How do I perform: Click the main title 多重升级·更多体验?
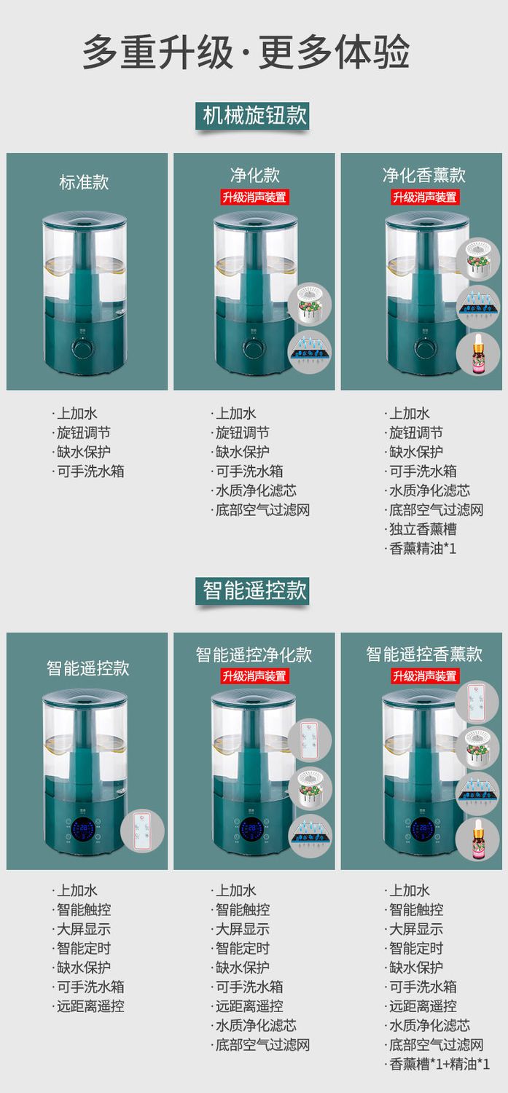pyautogui.click(x=246, y=52)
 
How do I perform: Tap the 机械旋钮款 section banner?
pyautogui.click(x=252, y=116)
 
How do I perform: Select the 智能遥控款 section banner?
pyautogui.click(x=252, y=591)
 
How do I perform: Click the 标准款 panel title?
pyautogui.click(x=84, y=182)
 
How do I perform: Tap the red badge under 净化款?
pyautogui.click(x=254, y=197)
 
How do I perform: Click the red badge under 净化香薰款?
pyautogui.click(x=424, y=197)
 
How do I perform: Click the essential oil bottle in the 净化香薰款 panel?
pyautogui.click(x=477, y=353)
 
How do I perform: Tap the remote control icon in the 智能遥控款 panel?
pyautogui.click(x=142, y=831)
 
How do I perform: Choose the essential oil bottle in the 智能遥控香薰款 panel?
pyautogui.click(x=477, y=839)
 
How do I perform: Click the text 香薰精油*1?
pyautogui.click(x=422, y=549)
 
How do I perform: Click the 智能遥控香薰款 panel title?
pyautogui.click(x=424, y=654)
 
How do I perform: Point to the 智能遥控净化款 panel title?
pyautogui.click(x=254, y=654)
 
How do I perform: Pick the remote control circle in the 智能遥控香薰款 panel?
pyautogui.click(x=477, y=703)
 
